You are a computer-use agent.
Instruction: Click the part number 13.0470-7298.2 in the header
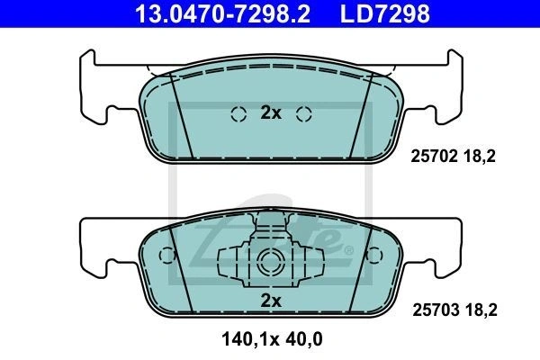(223, 13)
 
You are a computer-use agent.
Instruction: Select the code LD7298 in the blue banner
(385, 13)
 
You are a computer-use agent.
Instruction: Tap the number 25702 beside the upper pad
(434, 157)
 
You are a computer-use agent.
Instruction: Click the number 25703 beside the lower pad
(436, 310)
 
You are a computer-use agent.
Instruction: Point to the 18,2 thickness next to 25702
(480, 157)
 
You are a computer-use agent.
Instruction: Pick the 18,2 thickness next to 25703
(481, 310)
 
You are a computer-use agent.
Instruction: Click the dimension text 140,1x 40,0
(272, 339)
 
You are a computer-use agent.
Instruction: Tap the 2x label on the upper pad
(271, 112)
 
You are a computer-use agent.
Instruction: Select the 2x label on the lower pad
(271, 301)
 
